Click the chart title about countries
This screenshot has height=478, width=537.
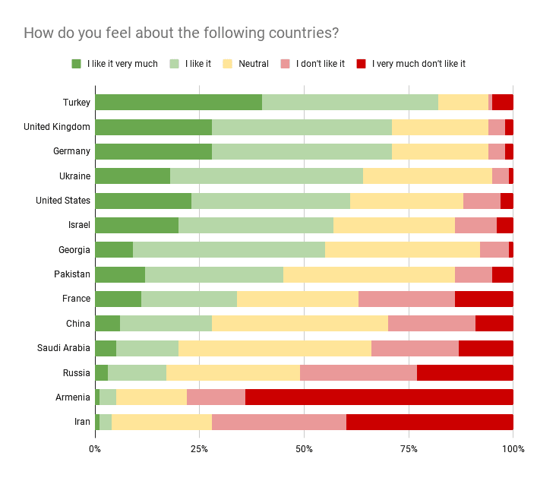[x=181, y=33]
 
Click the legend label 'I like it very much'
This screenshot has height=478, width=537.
[x=122, y=64]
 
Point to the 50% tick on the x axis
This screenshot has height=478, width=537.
[x=304, y=450]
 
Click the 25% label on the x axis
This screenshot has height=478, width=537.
[x=199, y=450]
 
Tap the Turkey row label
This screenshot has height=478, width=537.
[x=77, y=103]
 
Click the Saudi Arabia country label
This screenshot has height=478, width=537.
[x=64, y=348]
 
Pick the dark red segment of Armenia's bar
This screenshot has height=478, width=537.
[x=379, y=397]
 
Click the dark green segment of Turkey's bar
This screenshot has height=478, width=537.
[x=178, y=103]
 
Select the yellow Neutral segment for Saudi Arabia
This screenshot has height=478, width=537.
[x=275, y=348]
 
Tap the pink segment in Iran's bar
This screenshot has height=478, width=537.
[x=279, y=422]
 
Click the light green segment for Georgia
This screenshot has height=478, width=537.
[x=229, y=250]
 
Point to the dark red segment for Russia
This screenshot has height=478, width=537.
[x=465, y=372]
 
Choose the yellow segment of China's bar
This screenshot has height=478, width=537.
[x=299, y=324]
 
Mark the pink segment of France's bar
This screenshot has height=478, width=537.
[x=406, y=299]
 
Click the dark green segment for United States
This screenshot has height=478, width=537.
[x=143, y=201]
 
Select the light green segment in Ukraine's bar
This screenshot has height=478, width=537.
[x=267, y=176]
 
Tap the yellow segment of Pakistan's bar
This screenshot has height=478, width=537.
[x=369, y=274]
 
